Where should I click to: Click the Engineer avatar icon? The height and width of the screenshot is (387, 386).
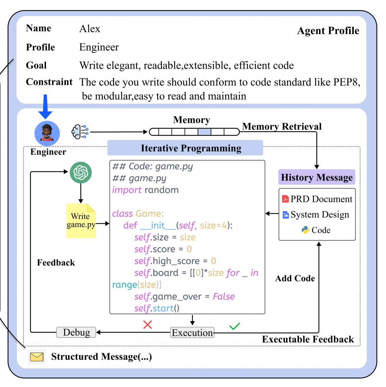tap(47, 133)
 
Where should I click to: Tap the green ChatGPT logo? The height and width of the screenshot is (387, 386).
tap(81, 172)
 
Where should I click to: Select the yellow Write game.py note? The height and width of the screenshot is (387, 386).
tap(81, 221)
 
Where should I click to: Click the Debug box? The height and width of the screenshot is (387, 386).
tap(76, 332)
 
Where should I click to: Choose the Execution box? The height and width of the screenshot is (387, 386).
tap(192, 333)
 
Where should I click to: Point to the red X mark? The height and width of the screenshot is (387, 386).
tap(148, 325)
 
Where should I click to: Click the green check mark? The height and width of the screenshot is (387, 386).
tap(235, 326)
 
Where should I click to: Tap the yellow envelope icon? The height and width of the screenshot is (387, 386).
tap(37, 357)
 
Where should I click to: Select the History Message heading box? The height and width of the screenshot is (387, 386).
tap(317, 177)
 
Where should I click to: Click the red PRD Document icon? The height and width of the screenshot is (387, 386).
tap(285, 199)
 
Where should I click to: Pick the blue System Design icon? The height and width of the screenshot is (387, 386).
tap(286, 215)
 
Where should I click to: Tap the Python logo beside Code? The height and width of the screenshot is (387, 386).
tap(305, 230)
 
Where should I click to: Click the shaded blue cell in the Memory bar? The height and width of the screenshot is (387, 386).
tap(204, 132)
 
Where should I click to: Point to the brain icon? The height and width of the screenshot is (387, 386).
tap(80, 132)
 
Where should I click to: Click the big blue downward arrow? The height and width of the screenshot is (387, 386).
tap(45, 107)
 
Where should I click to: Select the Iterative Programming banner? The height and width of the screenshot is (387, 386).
tap(185, 148)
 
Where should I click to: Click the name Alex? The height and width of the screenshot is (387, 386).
tap(90, 29)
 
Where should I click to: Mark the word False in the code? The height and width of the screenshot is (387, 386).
tap(224, 297)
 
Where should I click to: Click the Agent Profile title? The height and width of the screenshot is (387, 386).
tap(328, 31)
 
